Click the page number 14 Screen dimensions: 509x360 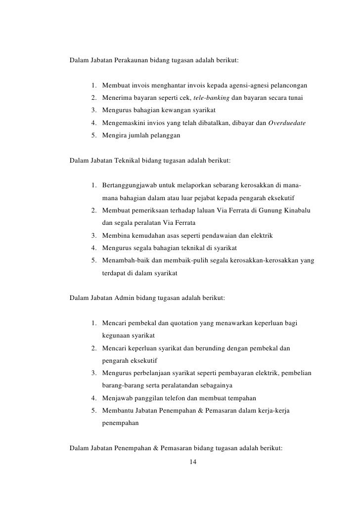[193, 462]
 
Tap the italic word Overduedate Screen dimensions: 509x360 [288, 122]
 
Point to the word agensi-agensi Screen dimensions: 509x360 [248, 85]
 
